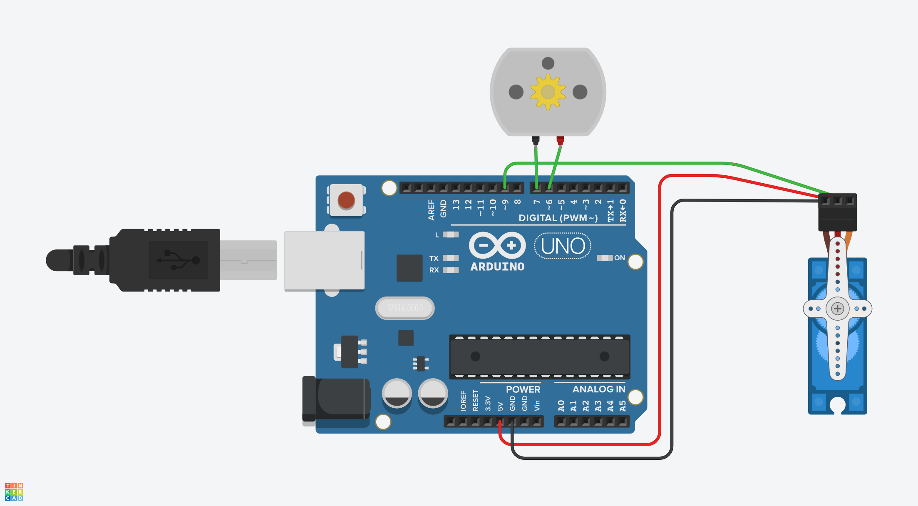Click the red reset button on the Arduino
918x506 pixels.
[346, 200]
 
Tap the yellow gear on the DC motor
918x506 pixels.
[548, 92]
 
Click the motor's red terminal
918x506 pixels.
[560, 140]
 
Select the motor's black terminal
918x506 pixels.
[536, 140]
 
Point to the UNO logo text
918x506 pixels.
[563, 246]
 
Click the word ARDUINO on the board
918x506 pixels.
[497, 267]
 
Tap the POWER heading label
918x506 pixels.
[523, 389]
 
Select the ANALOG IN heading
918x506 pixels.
[598, 389]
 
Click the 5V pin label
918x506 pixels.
[500, 406]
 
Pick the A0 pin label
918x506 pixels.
[561, 406]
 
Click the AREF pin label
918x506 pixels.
[431, 209]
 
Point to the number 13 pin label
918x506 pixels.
[456, 204]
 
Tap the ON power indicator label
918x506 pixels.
[619, 258]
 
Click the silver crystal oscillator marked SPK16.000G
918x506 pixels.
[405, 308]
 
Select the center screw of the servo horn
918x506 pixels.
[837, 309]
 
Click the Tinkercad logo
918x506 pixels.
[14, 492]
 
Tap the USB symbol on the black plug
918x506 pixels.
[178, 260]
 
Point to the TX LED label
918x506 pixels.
[434, 258]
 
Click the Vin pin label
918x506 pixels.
[537, 405]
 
